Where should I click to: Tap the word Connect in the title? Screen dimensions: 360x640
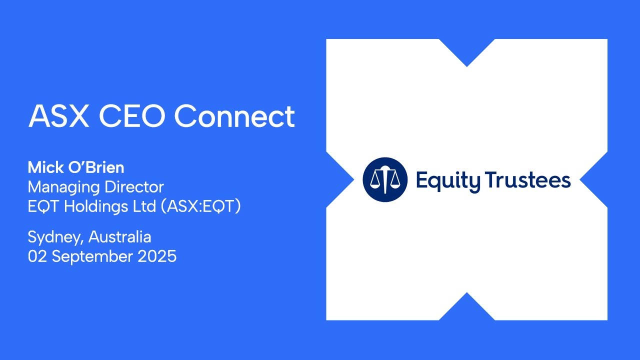(234, 116)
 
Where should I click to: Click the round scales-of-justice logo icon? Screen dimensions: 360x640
(385, 179)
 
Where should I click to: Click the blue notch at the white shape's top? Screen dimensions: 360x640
(467, 50)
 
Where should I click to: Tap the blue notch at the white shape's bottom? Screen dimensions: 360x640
(467, 308)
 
